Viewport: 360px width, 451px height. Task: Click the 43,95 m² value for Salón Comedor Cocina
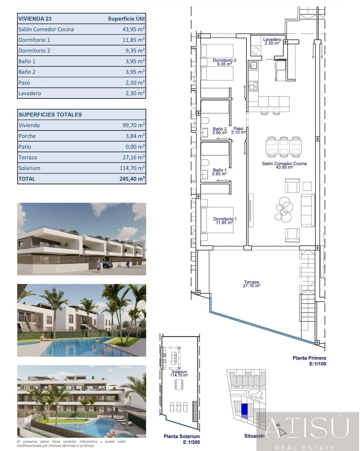(x=131, y=29)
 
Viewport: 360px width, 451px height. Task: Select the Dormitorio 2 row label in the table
(x=34, y=51)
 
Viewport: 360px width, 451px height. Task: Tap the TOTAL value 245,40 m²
(x=132, y=179)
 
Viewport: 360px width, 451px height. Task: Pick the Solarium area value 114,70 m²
(x=132, y=168)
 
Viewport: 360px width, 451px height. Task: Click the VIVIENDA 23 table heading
(x=35, y=19)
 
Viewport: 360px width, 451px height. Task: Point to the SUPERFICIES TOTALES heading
(x=50, y=115)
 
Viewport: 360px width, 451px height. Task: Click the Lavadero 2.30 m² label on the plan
(x=272, y=41)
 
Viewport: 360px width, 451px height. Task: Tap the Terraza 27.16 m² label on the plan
(x=251, y=284)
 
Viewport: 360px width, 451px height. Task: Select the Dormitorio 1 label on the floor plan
(x=225, y=221)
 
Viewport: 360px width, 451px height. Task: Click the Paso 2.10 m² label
(x=238, y=130)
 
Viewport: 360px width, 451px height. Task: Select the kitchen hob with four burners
(x=253, y=86)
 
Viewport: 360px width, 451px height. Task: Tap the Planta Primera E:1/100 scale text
(x=309, y=361)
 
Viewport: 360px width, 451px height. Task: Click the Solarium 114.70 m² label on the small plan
(x=179, y=373)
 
